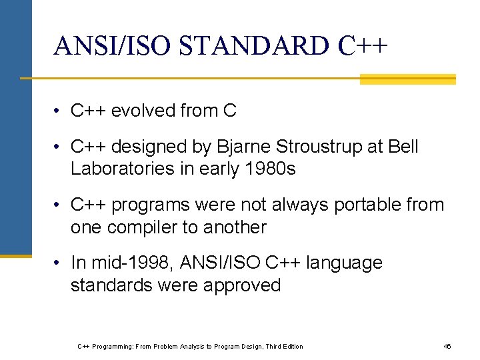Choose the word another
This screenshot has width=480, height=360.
[233, 227]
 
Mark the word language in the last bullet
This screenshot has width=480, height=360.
[344, 263]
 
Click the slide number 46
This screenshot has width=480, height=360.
[447, 346]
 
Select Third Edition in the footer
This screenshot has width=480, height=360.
[284, 346]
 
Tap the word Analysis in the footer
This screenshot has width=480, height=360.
[179, 346]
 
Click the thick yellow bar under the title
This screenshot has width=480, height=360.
[407, 79]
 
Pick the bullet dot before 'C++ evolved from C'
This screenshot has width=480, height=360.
[59, 111]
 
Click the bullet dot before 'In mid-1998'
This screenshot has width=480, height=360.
[59, 263]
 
